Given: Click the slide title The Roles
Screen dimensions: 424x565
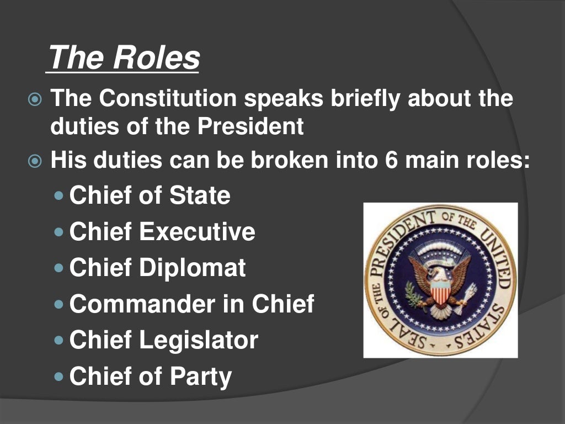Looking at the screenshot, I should tap(124, 59).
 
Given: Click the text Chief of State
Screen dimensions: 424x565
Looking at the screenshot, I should tap(150, 195).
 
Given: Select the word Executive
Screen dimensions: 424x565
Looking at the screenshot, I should tap(197, 232).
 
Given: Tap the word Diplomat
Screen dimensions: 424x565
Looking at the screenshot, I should tap(192, 268).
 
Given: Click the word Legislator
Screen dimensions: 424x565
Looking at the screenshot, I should tap(198, 340).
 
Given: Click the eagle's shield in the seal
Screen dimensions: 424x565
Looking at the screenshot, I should tap(440, 293).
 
